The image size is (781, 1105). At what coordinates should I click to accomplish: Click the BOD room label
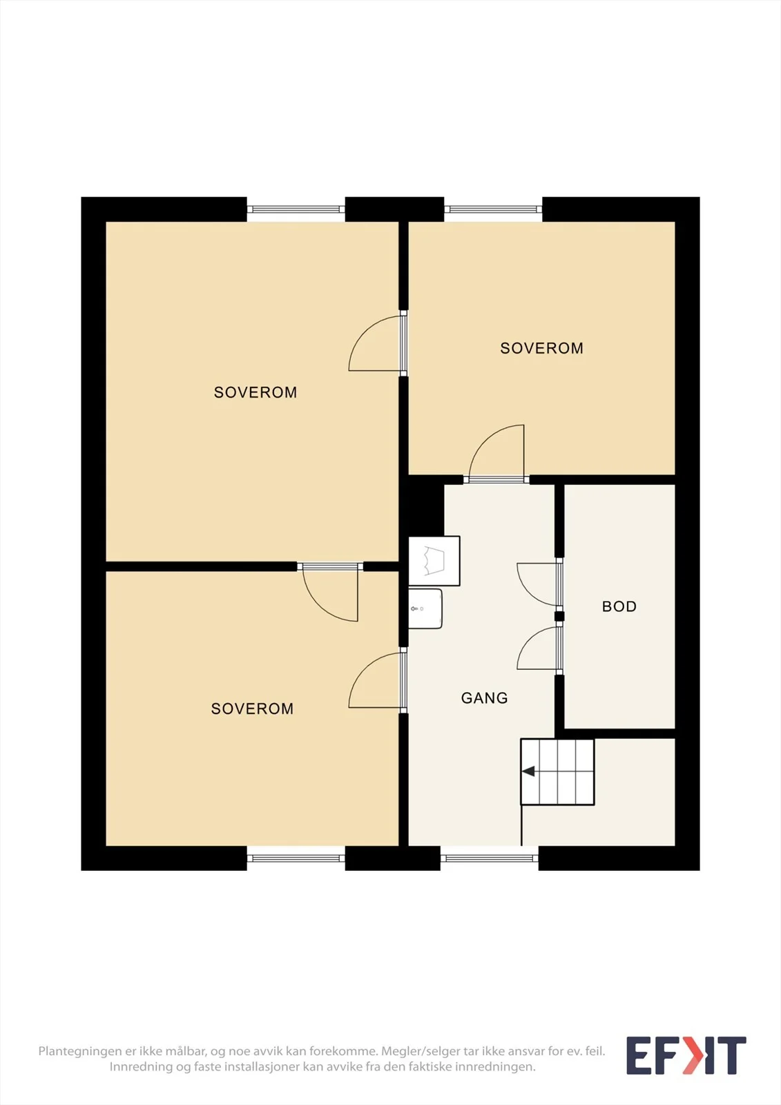point(619,606)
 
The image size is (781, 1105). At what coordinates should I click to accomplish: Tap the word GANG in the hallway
point(484,698)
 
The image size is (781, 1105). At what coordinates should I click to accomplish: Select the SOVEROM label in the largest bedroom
point(255,392)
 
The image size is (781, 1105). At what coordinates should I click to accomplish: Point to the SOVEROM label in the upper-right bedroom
point(541,348)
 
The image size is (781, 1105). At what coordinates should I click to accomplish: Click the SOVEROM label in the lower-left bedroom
point(252,709)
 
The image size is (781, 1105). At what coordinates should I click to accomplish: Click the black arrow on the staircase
point(528,771)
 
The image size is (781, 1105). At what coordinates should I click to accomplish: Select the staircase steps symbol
point(557,772)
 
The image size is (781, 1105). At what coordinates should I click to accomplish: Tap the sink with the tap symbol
point(425,608)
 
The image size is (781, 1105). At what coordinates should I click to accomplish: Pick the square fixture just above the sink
point(434,561)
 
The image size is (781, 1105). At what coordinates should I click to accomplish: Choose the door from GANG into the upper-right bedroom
point(496,453)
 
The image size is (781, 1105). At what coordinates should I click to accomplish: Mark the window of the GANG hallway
point(489,858)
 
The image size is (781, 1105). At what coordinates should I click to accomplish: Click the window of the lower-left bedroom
point(296,858)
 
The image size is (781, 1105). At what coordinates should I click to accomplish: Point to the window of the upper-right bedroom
point(493,210)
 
